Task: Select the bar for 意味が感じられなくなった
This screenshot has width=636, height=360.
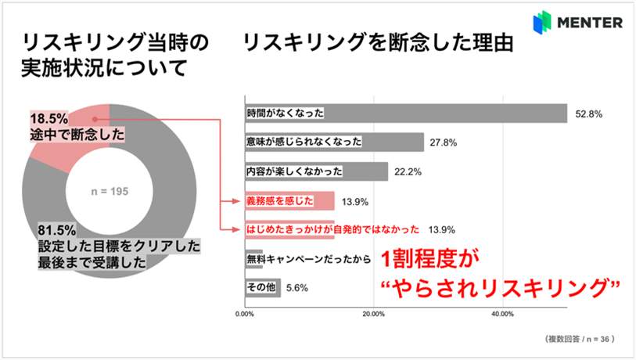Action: (x=333, y=142)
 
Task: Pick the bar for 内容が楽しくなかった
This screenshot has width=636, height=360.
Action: (x=316, y=171)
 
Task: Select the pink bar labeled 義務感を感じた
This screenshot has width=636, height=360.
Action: (x=289, y=200)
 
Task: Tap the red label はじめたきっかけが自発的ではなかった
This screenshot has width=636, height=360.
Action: (x=332, y=229)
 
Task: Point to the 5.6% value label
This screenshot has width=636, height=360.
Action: (x=296, y=287)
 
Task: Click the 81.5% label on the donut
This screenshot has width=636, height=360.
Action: (x=56, y=231)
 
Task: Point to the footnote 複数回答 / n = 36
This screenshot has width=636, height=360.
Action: (x=578, y=340)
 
